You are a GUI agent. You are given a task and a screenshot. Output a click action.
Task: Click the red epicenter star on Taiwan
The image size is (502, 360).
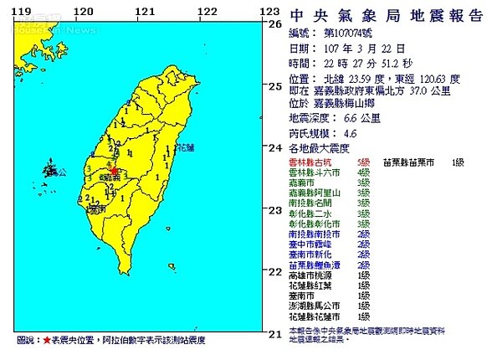113,168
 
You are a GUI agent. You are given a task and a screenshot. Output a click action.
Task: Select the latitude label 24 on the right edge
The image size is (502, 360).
273,148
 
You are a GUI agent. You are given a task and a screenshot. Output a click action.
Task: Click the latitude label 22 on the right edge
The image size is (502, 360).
273,272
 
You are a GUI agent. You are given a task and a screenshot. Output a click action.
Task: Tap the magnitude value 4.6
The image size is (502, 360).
351,133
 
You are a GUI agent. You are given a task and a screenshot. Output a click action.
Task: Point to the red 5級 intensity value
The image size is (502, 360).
361,160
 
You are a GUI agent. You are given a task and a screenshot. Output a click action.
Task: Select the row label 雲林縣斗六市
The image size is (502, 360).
315,171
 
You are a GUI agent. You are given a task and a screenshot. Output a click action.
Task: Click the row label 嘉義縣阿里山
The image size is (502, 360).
315,192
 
